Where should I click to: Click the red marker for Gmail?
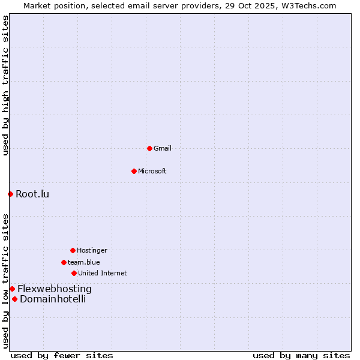pos(149,148)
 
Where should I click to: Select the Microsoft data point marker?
pos(134,171)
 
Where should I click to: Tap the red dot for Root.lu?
pos(10,194)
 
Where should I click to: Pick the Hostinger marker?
pos(73,250)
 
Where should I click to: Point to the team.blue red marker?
pos(64,262)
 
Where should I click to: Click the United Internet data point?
pos(74,273)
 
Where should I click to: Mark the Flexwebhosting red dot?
pos(12,289)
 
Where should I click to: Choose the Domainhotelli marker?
pos(14,299)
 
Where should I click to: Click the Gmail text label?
pos(163,148)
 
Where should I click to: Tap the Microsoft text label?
pos(152,171)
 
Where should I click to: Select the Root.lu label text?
pos(32,194)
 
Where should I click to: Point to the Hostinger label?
pos(92,250)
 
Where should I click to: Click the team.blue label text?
pos(84,262)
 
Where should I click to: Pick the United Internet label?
pos(103,273)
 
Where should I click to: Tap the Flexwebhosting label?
pos(55,289)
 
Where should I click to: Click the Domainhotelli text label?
pos(53,299)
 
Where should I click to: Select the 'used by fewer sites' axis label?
pos(62,355)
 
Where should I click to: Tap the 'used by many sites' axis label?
pos(301,355)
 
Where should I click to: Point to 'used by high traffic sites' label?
pos(5,85)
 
